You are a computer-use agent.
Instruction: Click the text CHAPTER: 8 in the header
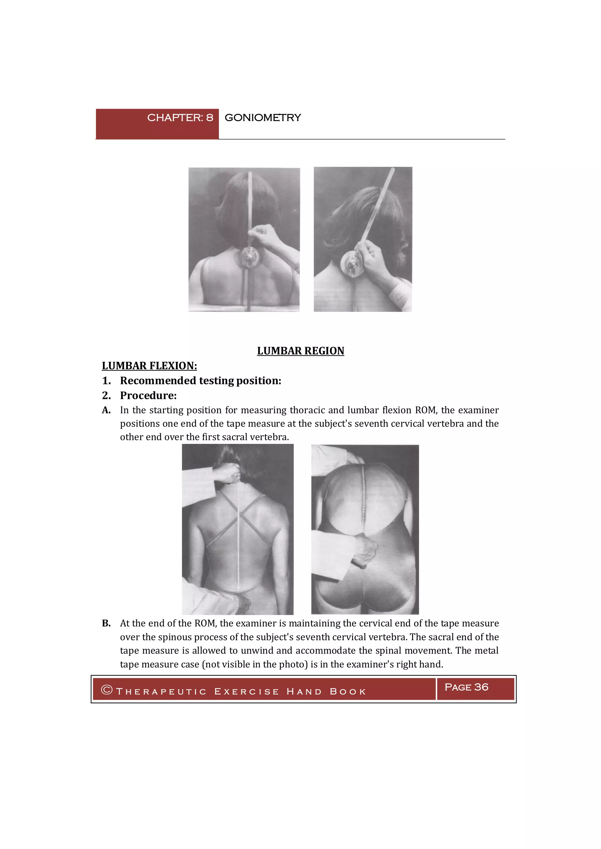point(180,118)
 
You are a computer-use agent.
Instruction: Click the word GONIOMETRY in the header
point(263,118)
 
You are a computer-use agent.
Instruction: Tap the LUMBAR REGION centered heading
point(300,351)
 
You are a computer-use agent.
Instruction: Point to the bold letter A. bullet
point(106,410)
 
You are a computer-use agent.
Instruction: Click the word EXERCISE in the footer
point(247,692)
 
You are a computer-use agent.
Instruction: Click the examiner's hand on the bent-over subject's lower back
point(364,551)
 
